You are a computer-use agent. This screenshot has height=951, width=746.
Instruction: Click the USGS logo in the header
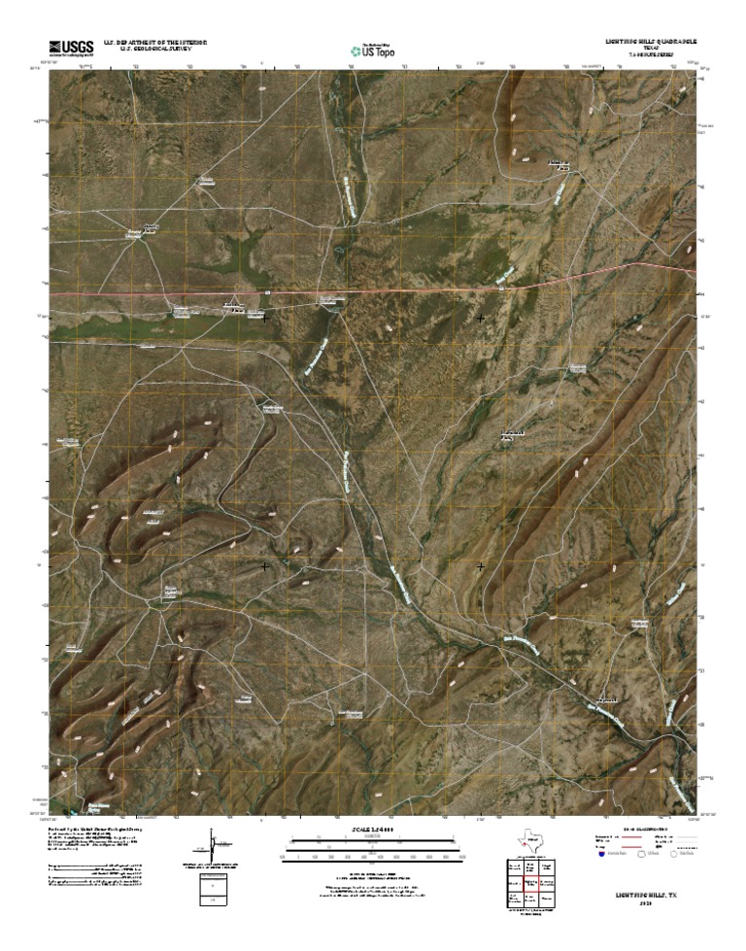[70, 48]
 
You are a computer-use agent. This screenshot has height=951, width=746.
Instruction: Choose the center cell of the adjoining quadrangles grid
[530, 885]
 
